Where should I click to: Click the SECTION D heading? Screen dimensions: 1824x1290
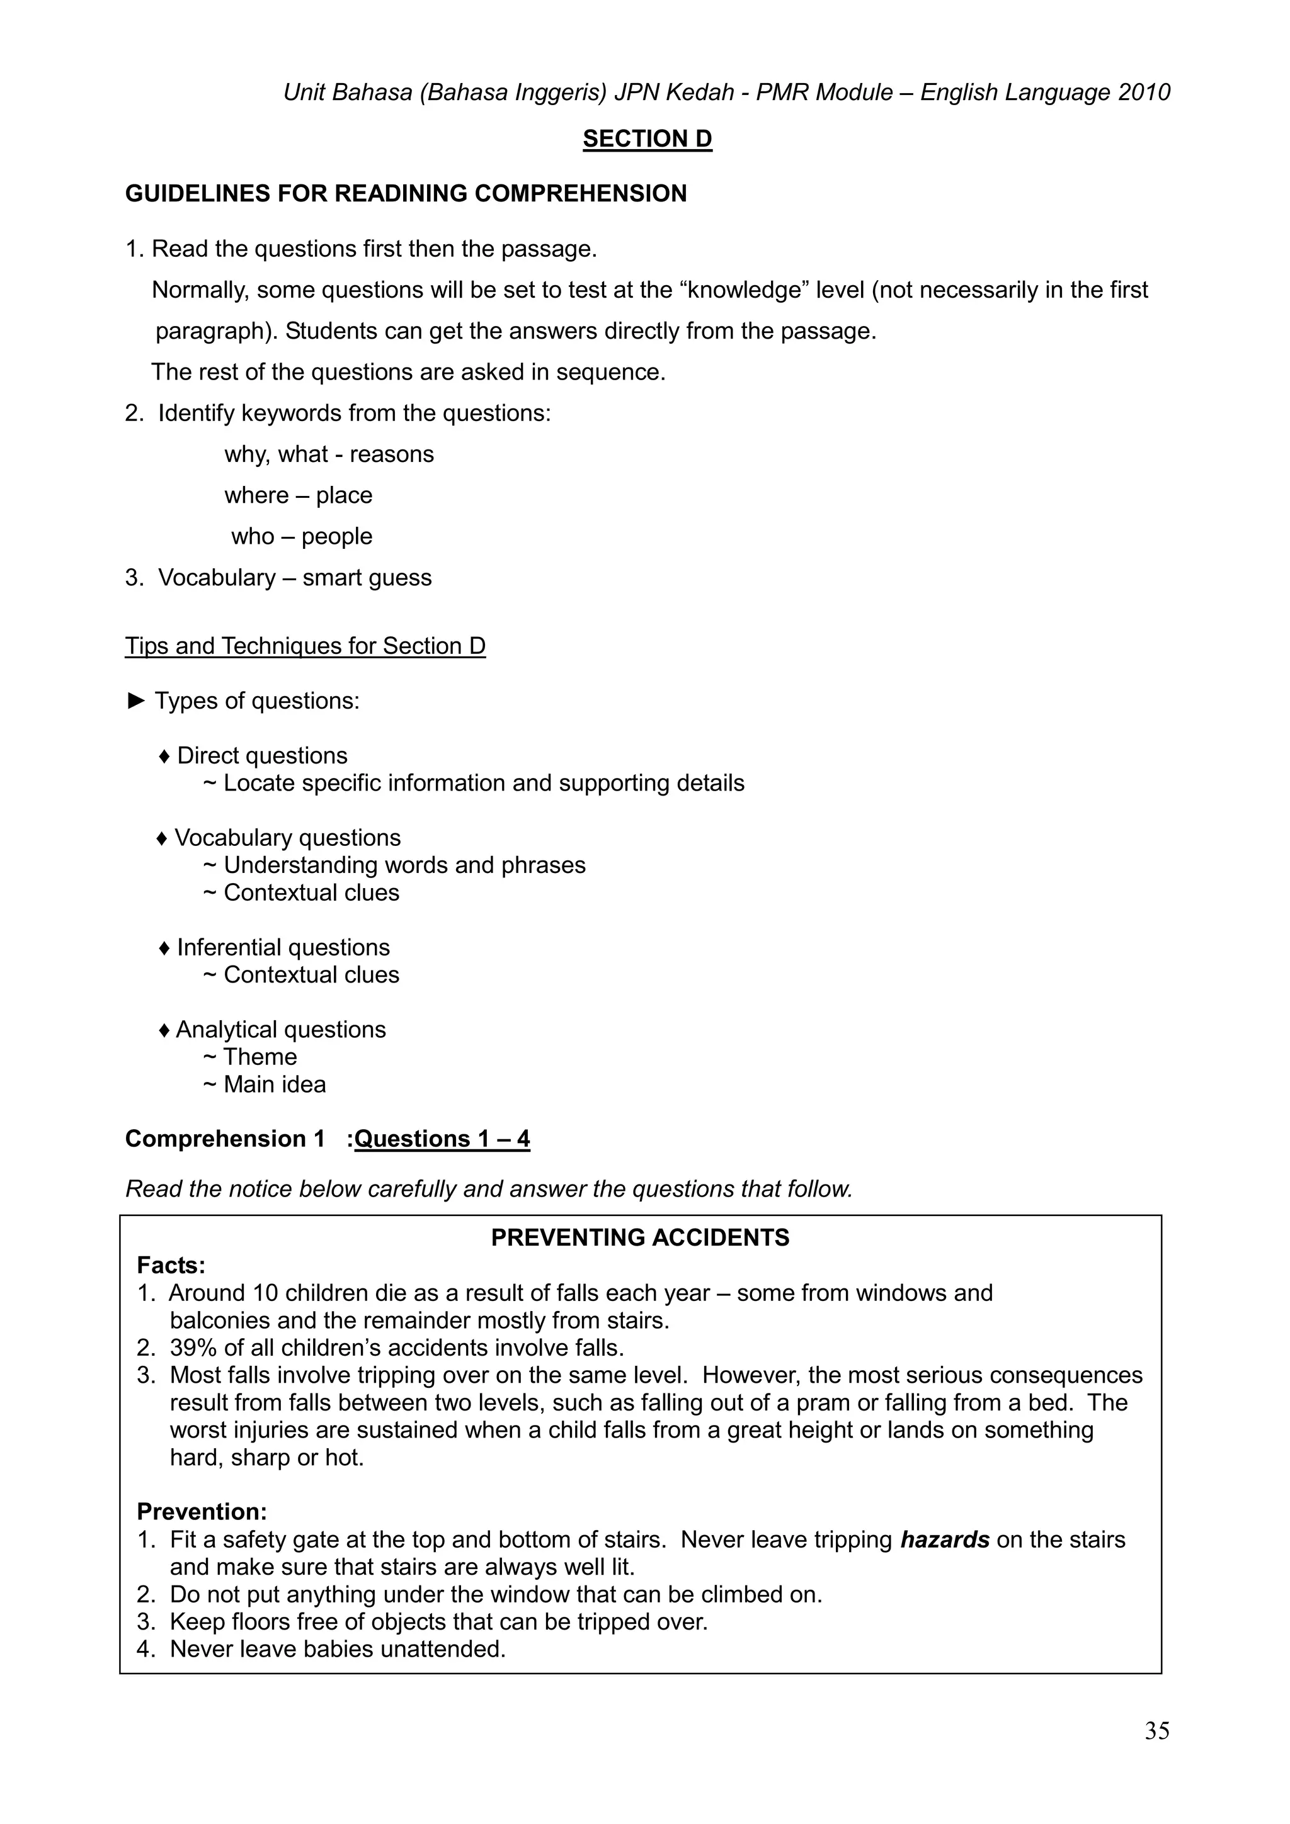(647, 139)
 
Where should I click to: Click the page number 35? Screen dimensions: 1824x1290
(1156, 1730)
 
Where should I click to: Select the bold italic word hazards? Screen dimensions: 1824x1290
(944, 1540)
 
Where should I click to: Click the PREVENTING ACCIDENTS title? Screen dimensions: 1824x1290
(640, 1237)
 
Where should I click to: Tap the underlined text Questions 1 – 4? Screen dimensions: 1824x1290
(442, 1139)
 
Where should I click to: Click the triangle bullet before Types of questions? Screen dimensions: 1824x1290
(136, 701)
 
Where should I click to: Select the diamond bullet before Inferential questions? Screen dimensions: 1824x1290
(164, 948)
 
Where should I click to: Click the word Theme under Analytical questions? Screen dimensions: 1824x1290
(260, 1057)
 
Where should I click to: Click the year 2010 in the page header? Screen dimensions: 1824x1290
(1144, 93)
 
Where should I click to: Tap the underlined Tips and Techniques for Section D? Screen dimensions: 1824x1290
(305, 646)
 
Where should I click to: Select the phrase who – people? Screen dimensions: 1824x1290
(301, 536)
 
